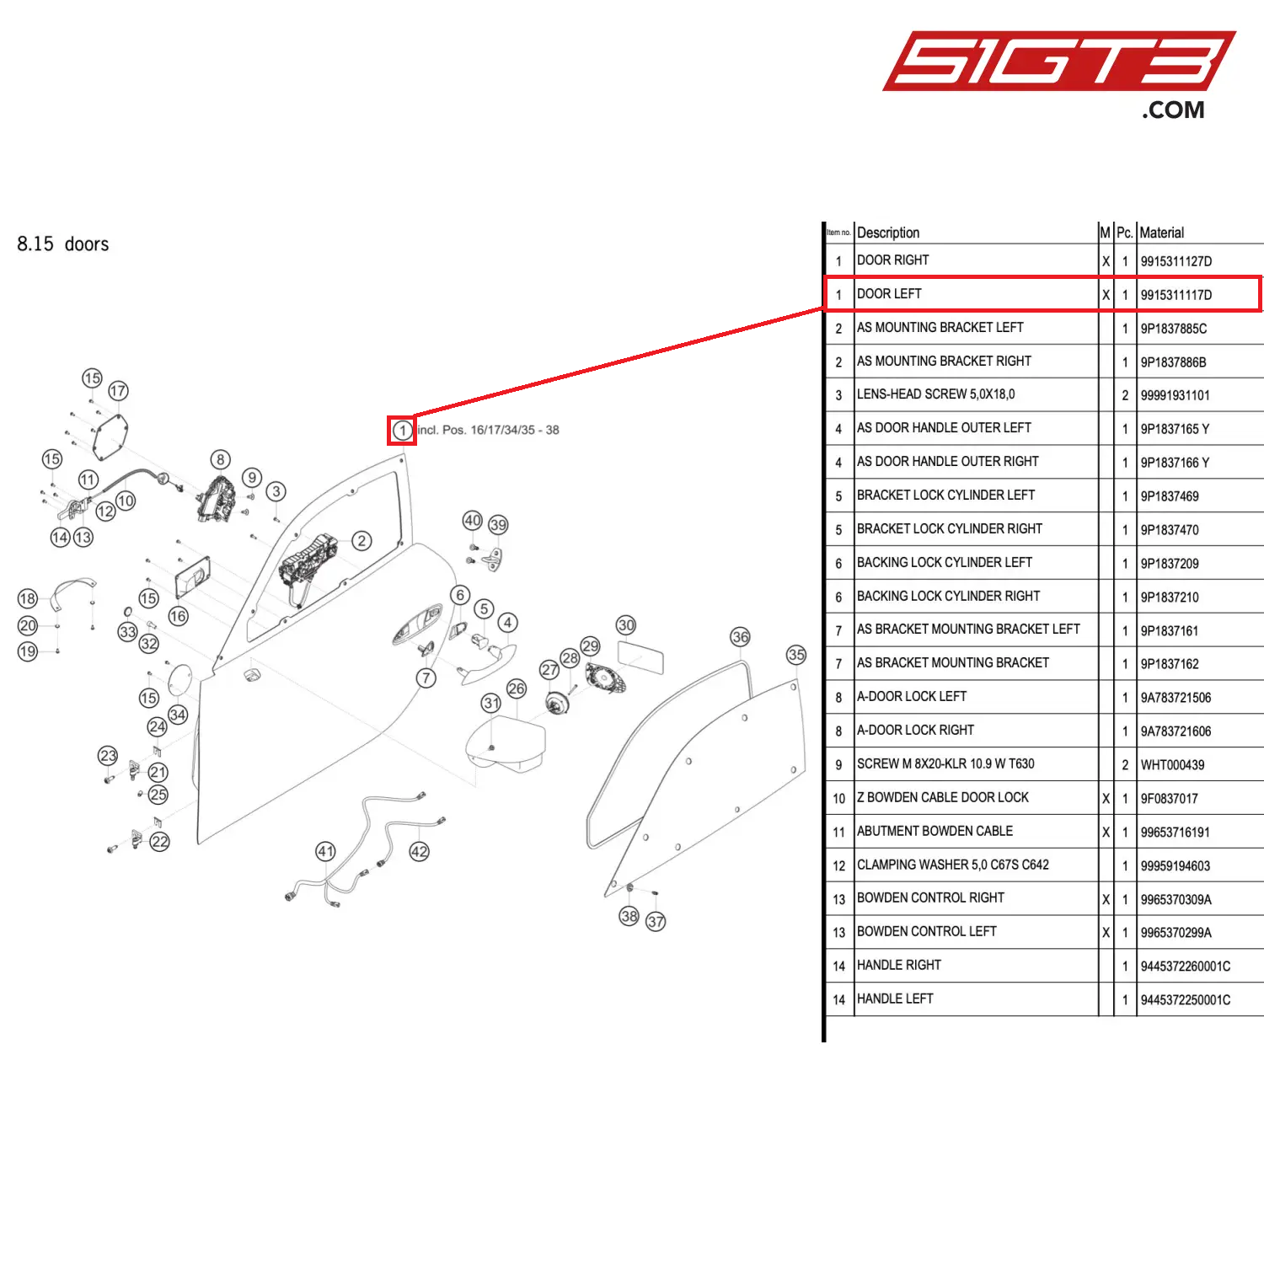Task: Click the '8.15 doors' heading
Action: pyautogui.click(x=63, y=244)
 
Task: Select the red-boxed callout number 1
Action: pyautogui.click(x=403, y=431)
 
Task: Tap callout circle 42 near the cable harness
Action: pyautogui.click(x=419, y=852)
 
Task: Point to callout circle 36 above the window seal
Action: pyautogui.click(x=740, y=637)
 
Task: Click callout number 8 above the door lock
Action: pyautogui.click(x=220, y=459)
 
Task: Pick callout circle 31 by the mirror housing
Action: pyautogui.click(x=491, y=703)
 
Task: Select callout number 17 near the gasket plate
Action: pyautogui.click(x=118, y=391)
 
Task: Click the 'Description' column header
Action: pyautogui.click(x=888, y=233)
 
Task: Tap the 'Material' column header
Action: pyautogui.click(x=1161, y=233)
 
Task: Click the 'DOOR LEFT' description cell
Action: pyautogui.click(x=889, y=294)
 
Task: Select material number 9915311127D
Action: pyautogui.click(x=1176, y=261)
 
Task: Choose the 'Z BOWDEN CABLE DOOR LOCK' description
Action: pyautogui.click(x=942, y=798)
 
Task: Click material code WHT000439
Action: pyautogui.click(x=1172, y=765)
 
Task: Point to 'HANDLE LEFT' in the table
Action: pyautogui.click(x=895, y=999)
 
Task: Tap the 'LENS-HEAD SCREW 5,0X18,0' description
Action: pyautogui.click(x=935, y=394)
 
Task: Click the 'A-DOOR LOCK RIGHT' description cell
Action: pyautogui.click(x=915, y=731)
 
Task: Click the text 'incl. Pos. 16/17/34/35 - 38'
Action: pyautogui.click(x=488, y=431)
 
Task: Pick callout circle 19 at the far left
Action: pyautogui.click(x=28, y=651)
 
